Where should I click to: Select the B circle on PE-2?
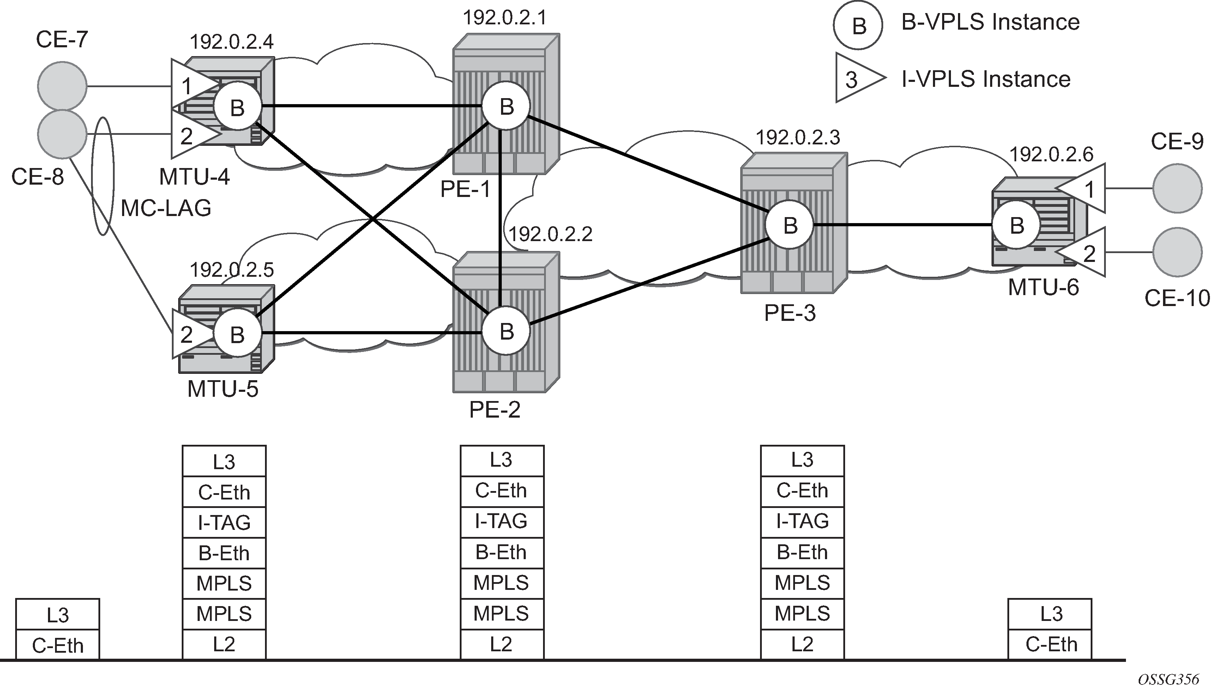tap(506, 331)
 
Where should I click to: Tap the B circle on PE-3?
tap(790, 226)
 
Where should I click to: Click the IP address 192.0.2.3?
tap(798, 138)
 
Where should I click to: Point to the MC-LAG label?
tap(166, 208)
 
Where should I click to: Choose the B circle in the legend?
tap(858, 25)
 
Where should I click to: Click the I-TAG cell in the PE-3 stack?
tap(802, 521)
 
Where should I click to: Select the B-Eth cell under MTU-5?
tap(224, 553)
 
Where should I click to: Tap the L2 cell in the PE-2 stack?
tap(502, 644)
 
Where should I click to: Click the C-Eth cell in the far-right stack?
tap(1051, 645)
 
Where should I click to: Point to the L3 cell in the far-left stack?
tap(58, 615)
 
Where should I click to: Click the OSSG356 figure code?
tap(1168, 680)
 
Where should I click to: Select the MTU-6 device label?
tap(1043, 287)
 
